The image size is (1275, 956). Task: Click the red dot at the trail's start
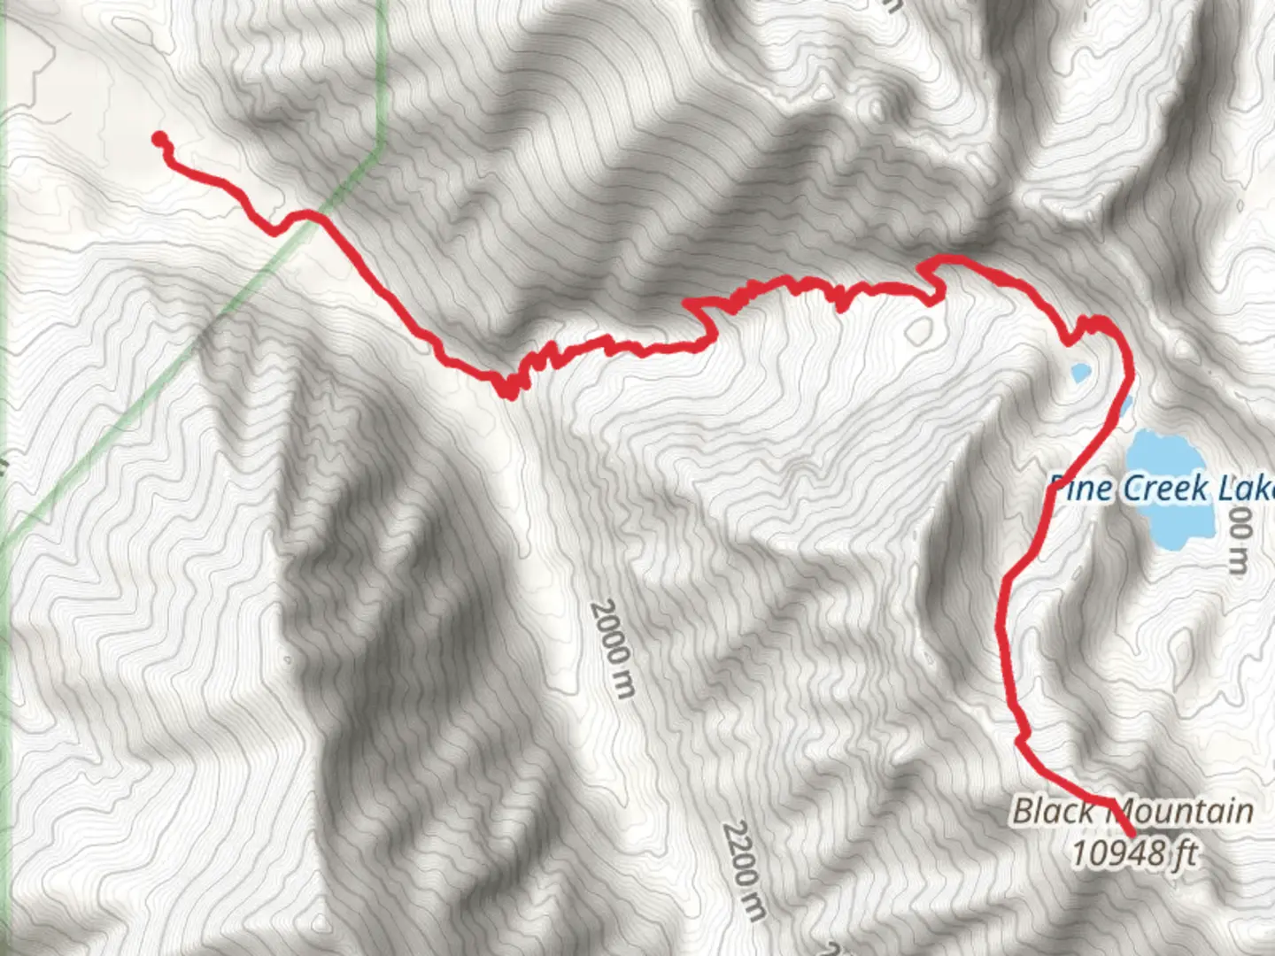pos(159,138)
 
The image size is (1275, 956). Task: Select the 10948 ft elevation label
pos(1133,854)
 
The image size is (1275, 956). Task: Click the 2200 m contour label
pos(744,871)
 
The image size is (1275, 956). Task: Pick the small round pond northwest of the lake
pos(1079,374)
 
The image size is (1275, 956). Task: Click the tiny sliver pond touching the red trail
pos(1124,405)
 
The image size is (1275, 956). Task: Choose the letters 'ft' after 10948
pos(1185,854)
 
